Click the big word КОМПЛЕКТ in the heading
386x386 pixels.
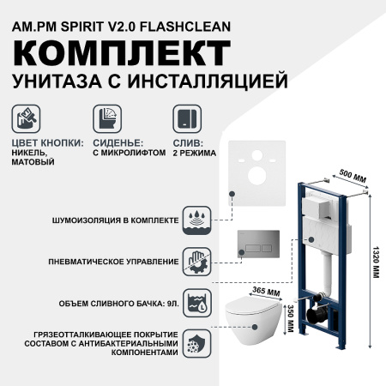coord(122,53)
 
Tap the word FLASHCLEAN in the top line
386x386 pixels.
coord(185,27)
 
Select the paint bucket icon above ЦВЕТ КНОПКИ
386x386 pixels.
coord(26,118)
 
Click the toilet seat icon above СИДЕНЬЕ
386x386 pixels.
coord(107,118)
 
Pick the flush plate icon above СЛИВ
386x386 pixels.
coord(187,118)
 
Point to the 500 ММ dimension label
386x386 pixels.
coord(353,175)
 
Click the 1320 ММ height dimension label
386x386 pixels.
coord(376,262)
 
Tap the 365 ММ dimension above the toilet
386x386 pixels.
coord(266,292)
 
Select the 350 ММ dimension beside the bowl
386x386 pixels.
coord(290,318)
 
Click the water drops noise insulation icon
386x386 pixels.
coord(197,220)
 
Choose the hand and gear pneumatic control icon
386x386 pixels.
coord(197,262)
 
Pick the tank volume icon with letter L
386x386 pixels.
coord(197,303)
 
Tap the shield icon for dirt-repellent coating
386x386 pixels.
coord(197,343)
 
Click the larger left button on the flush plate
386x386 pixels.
coord(253,248)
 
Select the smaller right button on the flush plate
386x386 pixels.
coord(267,248)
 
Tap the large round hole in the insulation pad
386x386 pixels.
coord(257,176)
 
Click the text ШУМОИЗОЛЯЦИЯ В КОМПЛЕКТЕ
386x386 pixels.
coord(116,220)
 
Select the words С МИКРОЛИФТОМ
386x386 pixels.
coord(130,153)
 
